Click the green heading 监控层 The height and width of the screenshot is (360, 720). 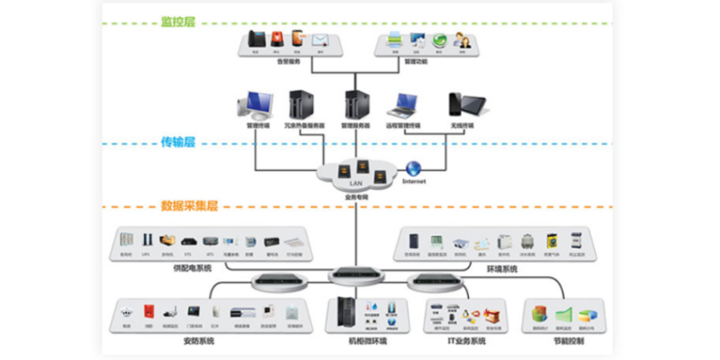[x=177, y=21]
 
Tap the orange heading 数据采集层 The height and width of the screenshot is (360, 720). [x=189, y=205]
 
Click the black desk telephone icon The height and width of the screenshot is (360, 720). [x=256, y=40]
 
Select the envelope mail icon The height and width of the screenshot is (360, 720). [x=319, y=40]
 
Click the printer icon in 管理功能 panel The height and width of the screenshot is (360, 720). [x=394, y=40]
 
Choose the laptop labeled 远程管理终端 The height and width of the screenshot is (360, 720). [x=402, y=105]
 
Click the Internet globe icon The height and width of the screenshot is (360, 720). [x=413, y=167]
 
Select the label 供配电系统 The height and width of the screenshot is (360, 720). [x=192, y=267]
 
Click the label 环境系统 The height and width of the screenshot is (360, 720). [x=502, y=267]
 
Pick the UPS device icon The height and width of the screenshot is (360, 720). [x=147, y=241]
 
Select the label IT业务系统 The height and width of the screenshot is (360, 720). [x=466, y=341]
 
